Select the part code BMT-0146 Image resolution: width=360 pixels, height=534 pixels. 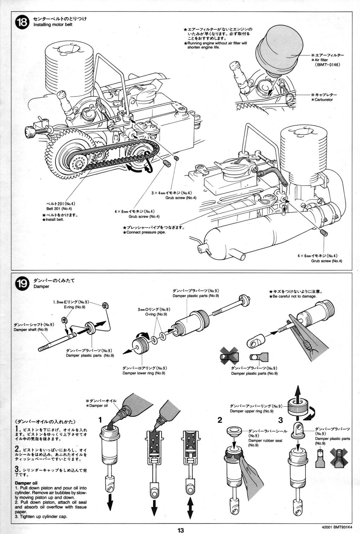coord(327,65)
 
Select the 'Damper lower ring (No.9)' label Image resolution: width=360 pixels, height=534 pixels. coord(144,373)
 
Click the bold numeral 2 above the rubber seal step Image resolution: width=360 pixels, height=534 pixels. coord(220,420)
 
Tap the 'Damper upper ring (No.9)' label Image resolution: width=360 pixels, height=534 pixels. coord(251,411)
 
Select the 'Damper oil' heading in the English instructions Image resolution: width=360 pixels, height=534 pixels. coord(26,483)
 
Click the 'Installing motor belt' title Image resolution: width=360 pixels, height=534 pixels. coord(53,24)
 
